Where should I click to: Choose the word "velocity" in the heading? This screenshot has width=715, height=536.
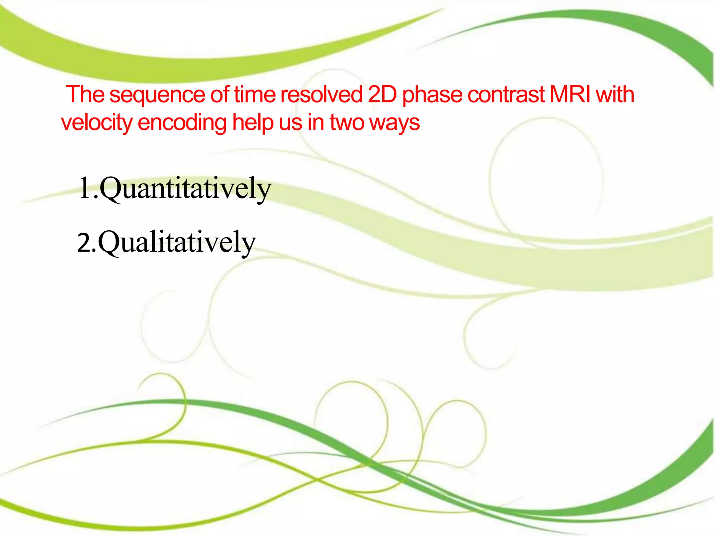click(96, 122)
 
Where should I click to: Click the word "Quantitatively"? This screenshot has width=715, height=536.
click(185, 189)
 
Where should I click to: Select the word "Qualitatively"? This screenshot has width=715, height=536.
click(177, 243)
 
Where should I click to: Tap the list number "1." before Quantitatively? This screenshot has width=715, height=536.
click(88, 189)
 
